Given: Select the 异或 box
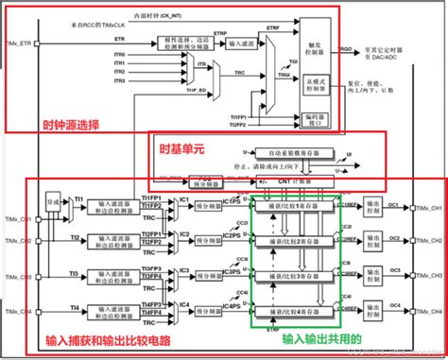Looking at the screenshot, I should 54,202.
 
